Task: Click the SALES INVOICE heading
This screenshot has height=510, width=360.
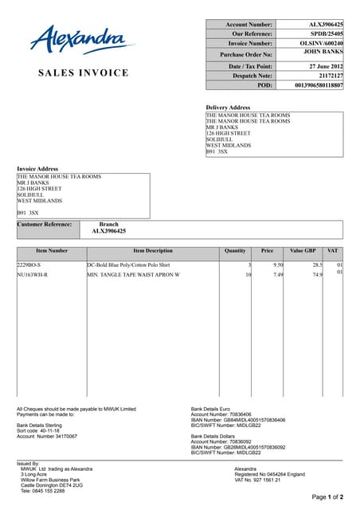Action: pyautogui.click(x=83, y=73)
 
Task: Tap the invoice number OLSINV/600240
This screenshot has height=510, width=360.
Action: pyautogui.click(x=322, y=44)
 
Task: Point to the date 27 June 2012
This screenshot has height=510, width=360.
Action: pyautogui.click(x=326, y=66)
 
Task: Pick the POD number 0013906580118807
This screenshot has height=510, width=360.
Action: pyautogui.click(x=319, y=84)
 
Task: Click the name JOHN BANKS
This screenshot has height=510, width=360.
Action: pyautogui.click(x=324, y=52)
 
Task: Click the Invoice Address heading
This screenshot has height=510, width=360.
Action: pyautogui.click(x=37, y=169)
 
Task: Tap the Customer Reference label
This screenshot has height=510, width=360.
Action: pyautogui.click(x=45, y=225)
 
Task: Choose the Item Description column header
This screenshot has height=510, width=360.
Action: pyautogui.click(x=153, y=251)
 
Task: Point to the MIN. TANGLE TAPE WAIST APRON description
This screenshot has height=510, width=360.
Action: pyautogui.click(x=133, y=274)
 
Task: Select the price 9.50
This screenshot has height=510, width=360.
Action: pyautogui.click(x=278, y=264)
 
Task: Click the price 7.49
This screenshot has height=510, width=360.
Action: pyautogui.click(x=278, y=274)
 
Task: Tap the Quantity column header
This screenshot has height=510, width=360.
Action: pyautogui.click(x=235, y=251)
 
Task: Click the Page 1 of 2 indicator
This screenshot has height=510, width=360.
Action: pyautogui.click(x=327, y=497)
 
